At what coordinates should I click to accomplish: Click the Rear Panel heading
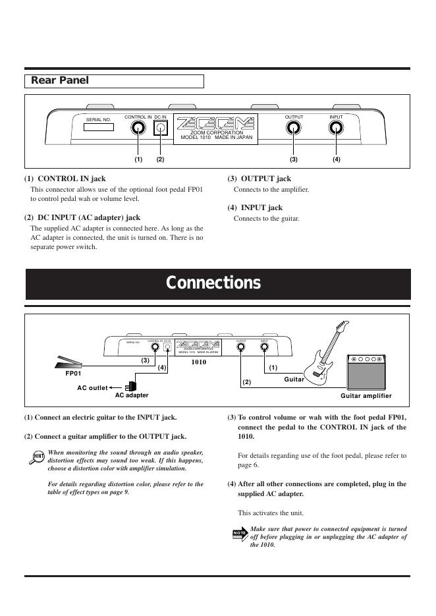tap(60, 81)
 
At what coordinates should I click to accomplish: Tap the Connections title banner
tap(213, 283)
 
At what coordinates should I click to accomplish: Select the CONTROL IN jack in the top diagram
tap(138, 128)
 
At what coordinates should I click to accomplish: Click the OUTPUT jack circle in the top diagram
tap(294, 128)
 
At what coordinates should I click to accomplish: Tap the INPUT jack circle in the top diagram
tap(336, 128)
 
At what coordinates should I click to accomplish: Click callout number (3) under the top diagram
tap(294, 159)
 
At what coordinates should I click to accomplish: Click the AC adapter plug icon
tap(132, 386)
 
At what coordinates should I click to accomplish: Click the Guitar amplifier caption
tap(366, 396)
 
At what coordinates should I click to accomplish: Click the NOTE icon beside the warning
tap(240, 532)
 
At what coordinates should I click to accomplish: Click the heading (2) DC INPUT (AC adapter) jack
tap(82, 217)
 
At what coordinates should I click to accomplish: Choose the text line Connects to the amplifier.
tap(271, 190)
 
